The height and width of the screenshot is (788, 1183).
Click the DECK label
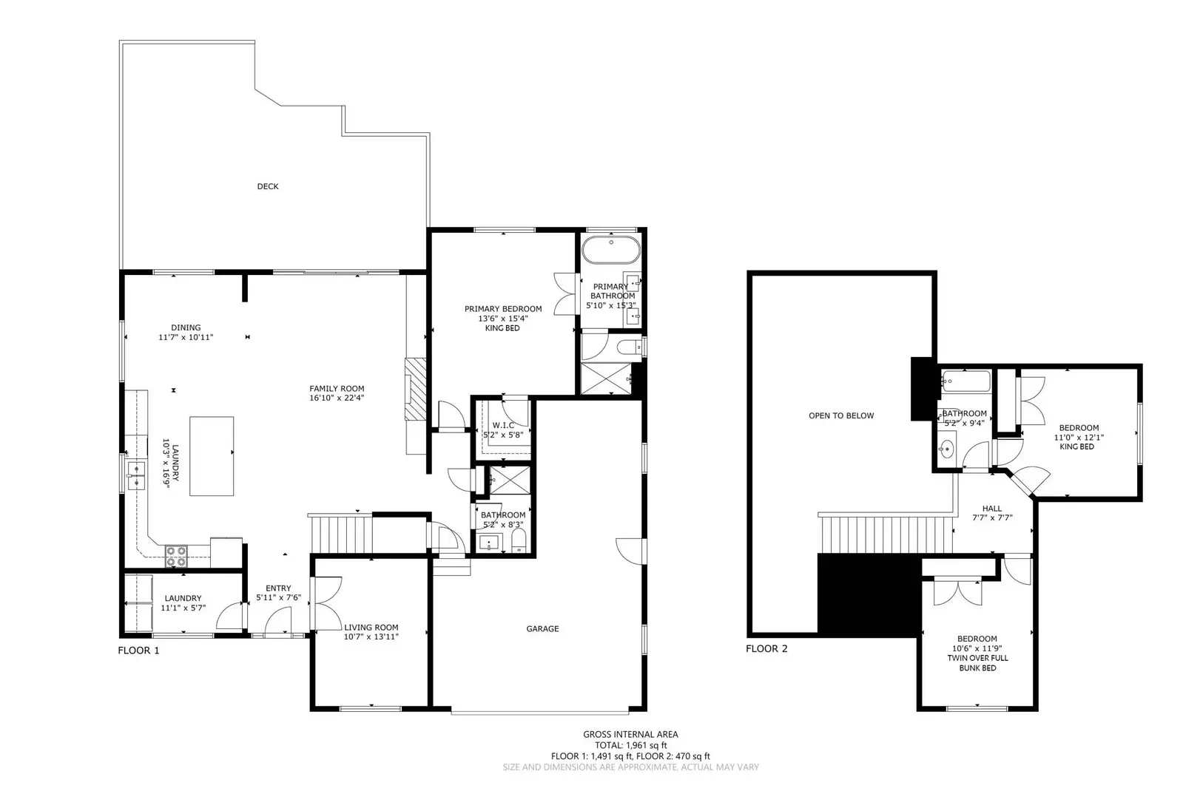pos(267,186)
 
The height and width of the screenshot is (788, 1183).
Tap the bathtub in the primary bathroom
pos(610,251)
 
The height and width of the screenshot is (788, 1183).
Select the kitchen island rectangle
pos(212,455)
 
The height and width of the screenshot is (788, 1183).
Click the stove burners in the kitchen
pos(175,555)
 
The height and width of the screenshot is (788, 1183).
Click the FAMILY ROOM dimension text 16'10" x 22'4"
pos(337,398)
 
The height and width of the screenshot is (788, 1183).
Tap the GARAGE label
pos(542,628)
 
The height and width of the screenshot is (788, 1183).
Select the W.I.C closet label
pos(503,425)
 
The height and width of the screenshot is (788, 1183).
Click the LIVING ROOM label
pos(371,627)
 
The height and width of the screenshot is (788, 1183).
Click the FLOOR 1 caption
pos(138,651)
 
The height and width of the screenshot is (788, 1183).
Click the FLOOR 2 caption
pos(766,648)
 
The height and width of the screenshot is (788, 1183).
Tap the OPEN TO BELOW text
pos(841,415)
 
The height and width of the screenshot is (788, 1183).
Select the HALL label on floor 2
pos(992,508)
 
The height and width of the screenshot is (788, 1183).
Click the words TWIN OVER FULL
pos(977,658)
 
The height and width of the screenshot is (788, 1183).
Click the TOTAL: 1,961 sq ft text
pos(630,745)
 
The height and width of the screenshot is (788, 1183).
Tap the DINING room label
pos(186,327)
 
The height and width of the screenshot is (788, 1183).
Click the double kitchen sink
pos(135,476)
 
